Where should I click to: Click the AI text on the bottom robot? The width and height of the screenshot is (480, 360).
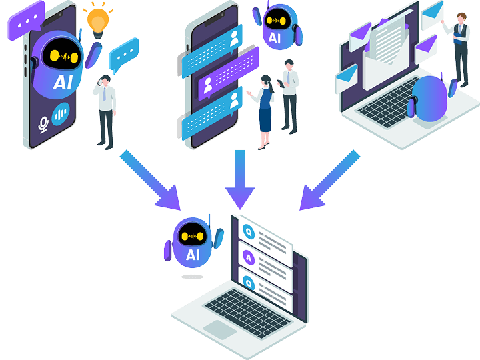193,254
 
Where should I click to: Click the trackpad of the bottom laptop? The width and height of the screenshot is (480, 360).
219,328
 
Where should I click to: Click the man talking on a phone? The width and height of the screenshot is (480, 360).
106,110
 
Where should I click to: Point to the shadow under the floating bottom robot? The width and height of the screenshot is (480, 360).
192,276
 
